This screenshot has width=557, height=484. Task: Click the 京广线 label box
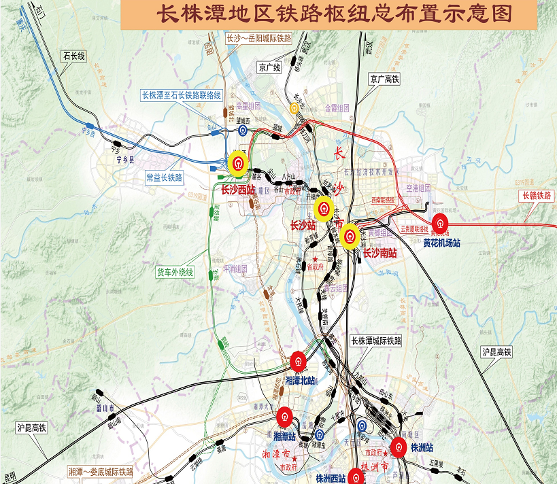[x=269, y=67]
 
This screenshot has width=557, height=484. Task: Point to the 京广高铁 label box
[x=384, y=80]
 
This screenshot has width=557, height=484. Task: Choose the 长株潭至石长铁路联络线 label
[x=181, y=95]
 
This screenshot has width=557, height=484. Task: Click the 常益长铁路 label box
[x=164, y=177]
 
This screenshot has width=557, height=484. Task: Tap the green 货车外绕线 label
[x=175, y=272]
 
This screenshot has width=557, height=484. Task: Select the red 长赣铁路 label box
[x=535, y=196]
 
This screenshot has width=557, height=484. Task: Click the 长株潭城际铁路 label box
[x=376, y=340]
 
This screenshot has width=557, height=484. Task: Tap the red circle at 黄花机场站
[x=442, y=223]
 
